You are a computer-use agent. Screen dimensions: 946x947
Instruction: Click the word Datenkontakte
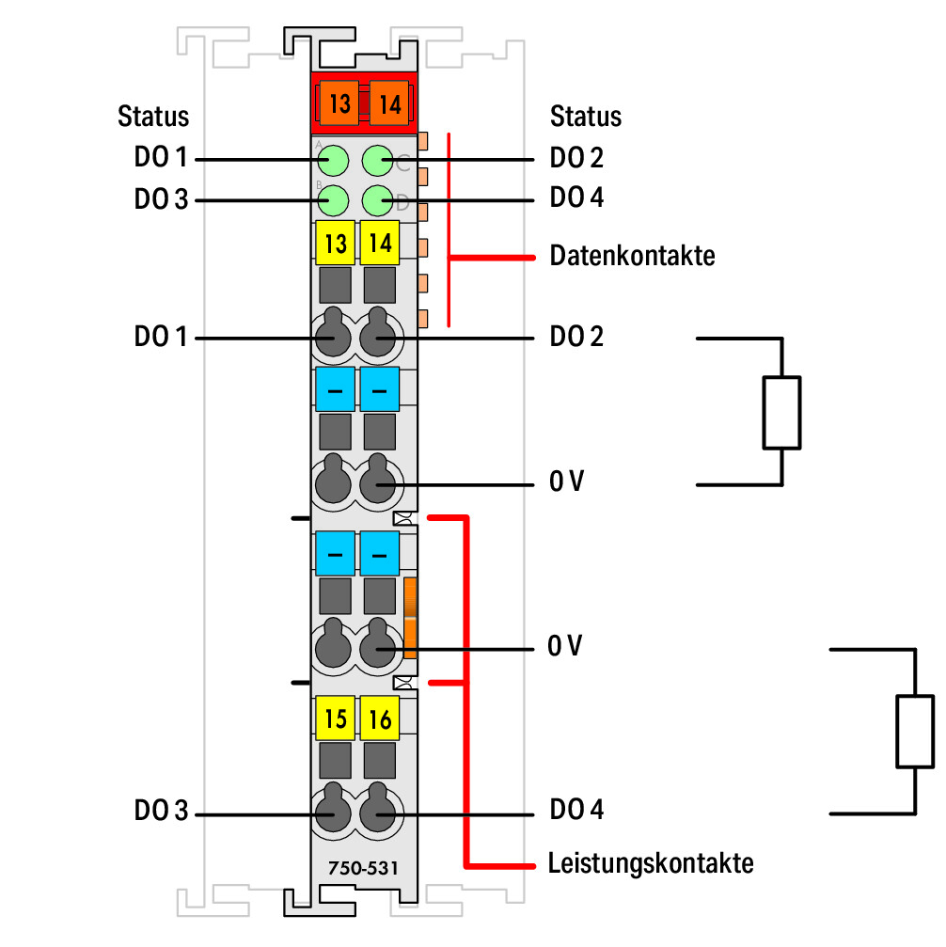point(632,256)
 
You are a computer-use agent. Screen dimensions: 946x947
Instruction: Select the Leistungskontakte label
point(651,863)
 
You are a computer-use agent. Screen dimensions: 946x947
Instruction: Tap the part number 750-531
point(363,869)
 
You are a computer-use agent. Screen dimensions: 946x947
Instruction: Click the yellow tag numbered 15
point(336,718)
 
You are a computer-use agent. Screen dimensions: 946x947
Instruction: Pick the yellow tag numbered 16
point(380,718)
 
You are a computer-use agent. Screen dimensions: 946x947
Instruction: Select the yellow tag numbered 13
point(336,243)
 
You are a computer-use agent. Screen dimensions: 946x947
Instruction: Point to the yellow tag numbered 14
point(380,243)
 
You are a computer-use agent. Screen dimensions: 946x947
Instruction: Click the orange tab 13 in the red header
point(339,103)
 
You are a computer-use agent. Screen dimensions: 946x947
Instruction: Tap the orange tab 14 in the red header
point(389,103)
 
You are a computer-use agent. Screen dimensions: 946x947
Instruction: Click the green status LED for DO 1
point(334,161)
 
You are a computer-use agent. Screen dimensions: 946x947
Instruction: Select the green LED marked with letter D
point(378,200)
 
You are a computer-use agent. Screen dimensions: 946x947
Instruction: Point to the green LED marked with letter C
point(378,161)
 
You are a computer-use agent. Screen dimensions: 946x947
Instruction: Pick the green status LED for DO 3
point(334,200)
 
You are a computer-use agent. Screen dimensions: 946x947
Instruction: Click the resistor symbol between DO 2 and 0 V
point(781,413)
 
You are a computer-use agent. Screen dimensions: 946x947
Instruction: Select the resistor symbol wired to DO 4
point(915,732)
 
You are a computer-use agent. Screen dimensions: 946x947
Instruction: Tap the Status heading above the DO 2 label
point(585,116)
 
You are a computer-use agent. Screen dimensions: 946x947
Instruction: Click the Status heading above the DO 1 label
point(153,116)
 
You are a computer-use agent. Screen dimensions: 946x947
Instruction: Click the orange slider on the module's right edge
point(410,618)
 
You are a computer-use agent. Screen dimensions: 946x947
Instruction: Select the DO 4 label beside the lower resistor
point(576,810)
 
